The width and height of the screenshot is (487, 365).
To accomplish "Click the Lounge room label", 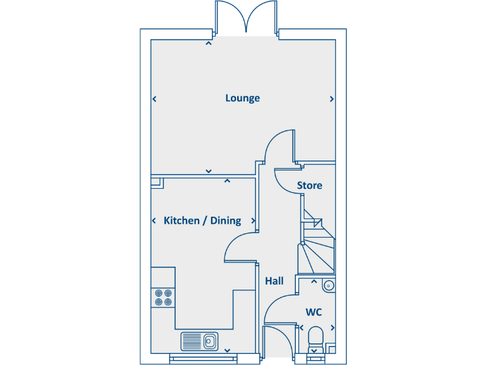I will coord(242,98).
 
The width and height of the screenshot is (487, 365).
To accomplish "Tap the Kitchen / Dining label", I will coord(202,221).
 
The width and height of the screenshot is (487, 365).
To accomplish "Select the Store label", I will coord(309,186).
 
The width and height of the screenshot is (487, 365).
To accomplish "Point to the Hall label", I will coord(274,281).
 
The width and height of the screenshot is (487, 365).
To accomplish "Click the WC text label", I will coord(314,312).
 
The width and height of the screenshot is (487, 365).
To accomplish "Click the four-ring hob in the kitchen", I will coord(163,297).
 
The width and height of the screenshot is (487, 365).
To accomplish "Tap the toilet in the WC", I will coord(314,336).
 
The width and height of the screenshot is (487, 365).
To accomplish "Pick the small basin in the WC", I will coord(328,286).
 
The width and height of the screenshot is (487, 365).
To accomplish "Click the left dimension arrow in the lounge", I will coord(154,99).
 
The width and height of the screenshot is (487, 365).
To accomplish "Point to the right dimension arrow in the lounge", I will coord(332,99).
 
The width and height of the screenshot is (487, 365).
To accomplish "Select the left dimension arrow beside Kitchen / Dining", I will coord(154,221).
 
